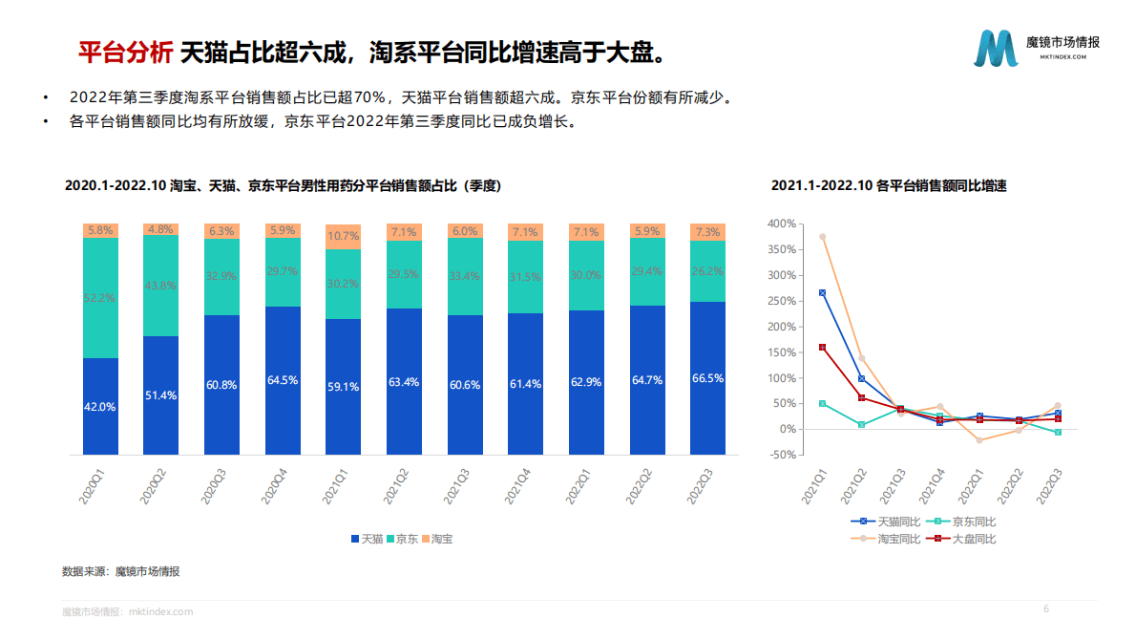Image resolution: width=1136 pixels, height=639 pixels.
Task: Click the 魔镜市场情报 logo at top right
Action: pyautogui.click(x=1037, y=48)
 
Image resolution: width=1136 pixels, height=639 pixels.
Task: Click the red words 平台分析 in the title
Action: pyautogui.click(x=124, y=52)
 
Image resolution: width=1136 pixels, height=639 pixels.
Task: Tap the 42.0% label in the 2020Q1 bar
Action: pyautogui.click(x=100, y=406)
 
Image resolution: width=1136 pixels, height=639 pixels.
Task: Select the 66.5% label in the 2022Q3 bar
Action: pyautogui.click(x=707, y=378)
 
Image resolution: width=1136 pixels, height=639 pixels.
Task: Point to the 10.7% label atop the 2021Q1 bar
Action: pyautogui.click(x=343, y=235)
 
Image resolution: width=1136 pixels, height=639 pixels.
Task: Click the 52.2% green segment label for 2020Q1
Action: pyautogui.click(x=100, y=298)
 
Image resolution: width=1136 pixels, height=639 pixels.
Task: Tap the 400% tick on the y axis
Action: pyautogui.click(x=780, y=224)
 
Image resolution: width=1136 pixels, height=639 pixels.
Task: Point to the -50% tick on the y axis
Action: pyautogui.click(x=782, y=455)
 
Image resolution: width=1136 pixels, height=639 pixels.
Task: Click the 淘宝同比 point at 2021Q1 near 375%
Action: pyautogui.click(x=822, y=237)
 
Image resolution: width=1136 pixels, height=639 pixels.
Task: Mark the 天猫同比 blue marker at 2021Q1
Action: pyautogui.click(x=822, y=292)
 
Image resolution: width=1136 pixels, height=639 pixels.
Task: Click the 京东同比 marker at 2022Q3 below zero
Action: pyautogui.click(x=1057, y=433)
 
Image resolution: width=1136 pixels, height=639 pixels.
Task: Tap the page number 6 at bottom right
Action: pyautogui.click(x=1045, y=609)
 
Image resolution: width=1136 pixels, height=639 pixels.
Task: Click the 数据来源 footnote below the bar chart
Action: pyautogui.click(x=120, y=571)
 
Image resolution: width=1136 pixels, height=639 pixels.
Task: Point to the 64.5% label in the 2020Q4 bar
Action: pyautogui.click(x=283, y=380)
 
